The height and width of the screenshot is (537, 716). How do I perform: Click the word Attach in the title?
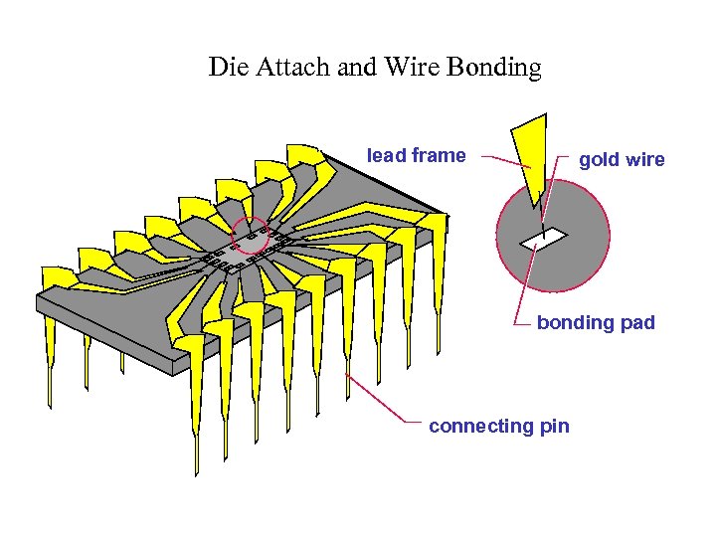[x=281, y=68]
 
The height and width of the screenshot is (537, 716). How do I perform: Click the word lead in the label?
[x=387, y=155]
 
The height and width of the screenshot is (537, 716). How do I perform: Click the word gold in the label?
[x=600, y=160]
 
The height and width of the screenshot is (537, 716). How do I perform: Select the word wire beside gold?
[x=645, y=160]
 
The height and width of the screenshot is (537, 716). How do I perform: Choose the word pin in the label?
[x=554, y=427]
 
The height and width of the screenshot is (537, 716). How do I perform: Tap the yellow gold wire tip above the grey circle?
[x=533, y=159]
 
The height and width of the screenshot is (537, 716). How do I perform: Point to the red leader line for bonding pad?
[x=524, y=288]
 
